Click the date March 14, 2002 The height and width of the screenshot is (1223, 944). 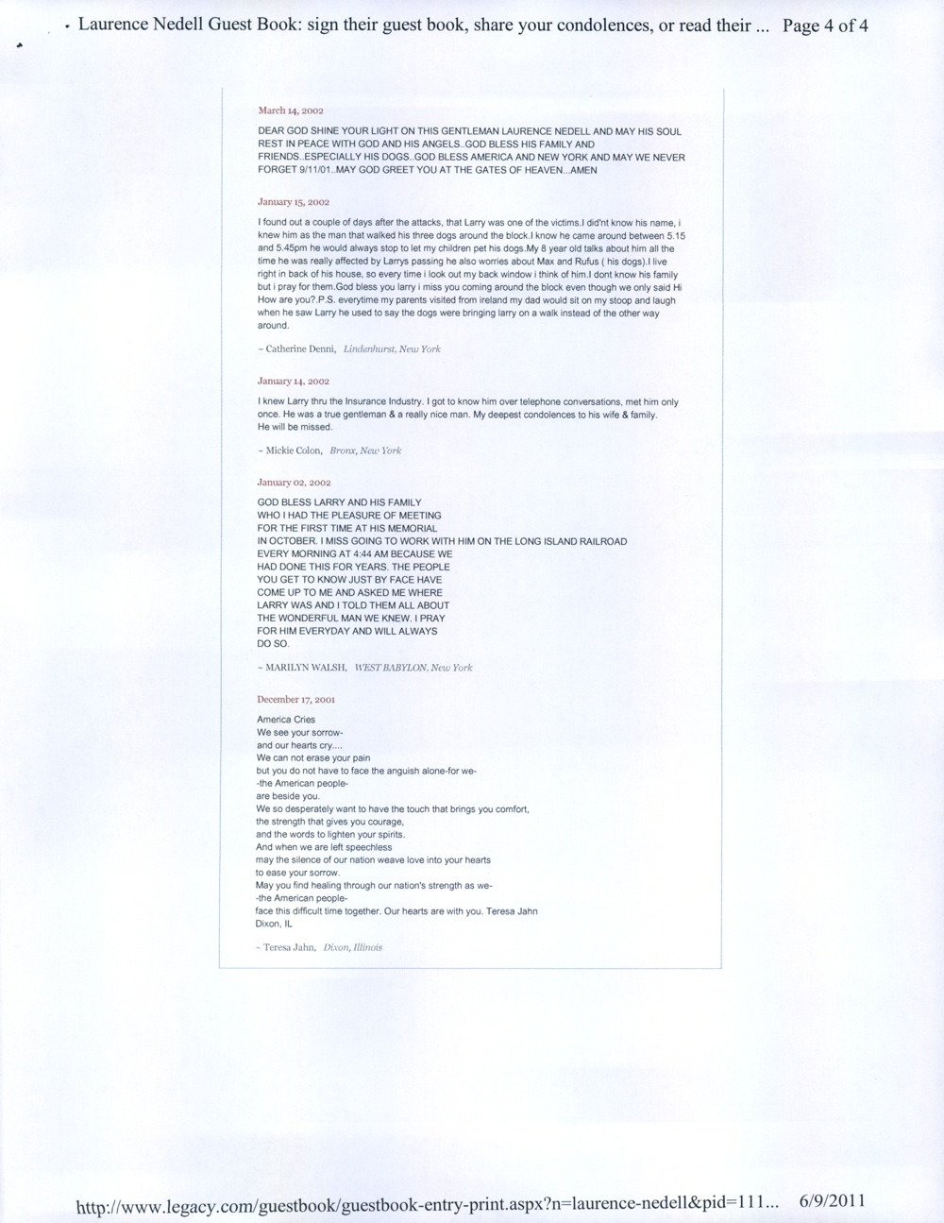click(290, 110)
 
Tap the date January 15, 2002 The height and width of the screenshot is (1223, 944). click(293, 202)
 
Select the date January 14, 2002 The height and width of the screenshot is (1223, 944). click(293, 382)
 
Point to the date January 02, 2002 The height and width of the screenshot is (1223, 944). click(293, 483)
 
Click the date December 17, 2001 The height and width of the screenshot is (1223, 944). click(295, 700)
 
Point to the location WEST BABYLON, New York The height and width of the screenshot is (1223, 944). click(413, 668)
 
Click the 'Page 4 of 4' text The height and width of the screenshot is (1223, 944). click(825, 25)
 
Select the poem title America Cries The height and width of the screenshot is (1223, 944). click(286, 720)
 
